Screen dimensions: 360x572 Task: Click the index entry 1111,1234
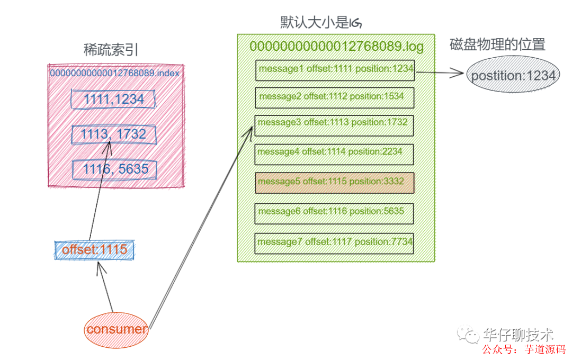tap(114, 99)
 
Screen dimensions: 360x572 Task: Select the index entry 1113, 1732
tap(114, 134)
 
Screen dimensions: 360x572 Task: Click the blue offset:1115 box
tap(95, 250)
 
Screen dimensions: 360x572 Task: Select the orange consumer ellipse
tap(117, 329)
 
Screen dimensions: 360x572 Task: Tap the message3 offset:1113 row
tap(334, 123)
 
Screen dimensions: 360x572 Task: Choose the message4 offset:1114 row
tap(334, 152)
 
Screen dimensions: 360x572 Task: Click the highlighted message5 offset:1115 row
tap(334, 182)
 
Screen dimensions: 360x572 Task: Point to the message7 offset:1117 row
tap(334, 242)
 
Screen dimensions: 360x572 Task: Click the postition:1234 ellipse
tap(513, 76)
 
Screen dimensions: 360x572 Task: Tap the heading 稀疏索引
tap(111, 50)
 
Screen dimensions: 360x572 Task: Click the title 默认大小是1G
tap(321, 23)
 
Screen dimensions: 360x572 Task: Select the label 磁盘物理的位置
tap(497, 44)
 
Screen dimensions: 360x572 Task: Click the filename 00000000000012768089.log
tap(336, 47)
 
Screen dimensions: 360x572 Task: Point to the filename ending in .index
tap(115, 73)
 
